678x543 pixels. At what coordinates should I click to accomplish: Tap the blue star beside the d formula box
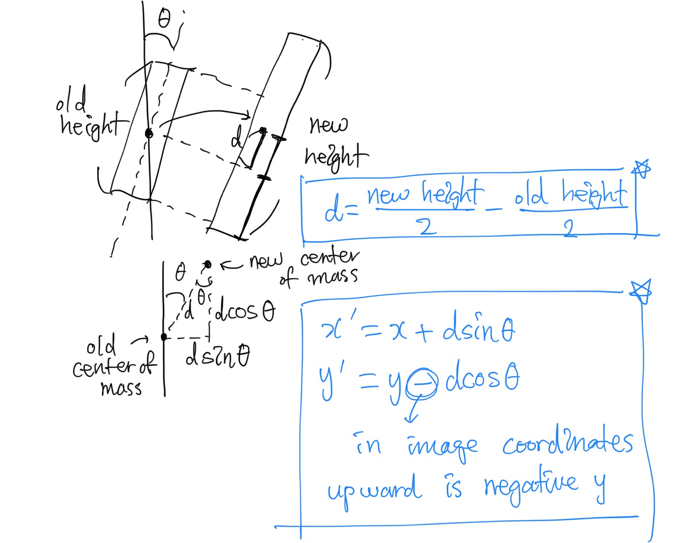coord(642,169)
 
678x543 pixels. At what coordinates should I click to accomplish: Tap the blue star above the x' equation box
coord(640,292)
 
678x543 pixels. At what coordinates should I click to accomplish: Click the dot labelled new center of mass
coord(208,264)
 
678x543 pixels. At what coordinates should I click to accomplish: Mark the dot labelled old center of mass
coord(163,337)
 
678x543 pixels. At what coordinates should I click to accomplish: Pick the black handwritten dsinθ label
coord(218,358)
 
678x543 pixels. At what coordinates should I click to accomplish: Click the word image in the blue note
coord(442,446)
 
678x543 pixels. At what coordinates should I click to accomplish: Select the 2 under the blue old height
coord(570,229)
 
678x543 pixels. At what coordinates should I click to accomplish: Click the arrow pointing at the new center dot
coord(232,267)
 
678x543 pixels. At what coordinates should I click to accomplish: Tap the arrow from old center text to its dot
coord(140,340)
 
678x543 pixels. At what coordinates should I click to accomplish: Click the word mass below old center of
coord(121,388)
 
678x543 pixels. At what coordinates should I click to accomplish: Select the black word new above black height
coord(329,125)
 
